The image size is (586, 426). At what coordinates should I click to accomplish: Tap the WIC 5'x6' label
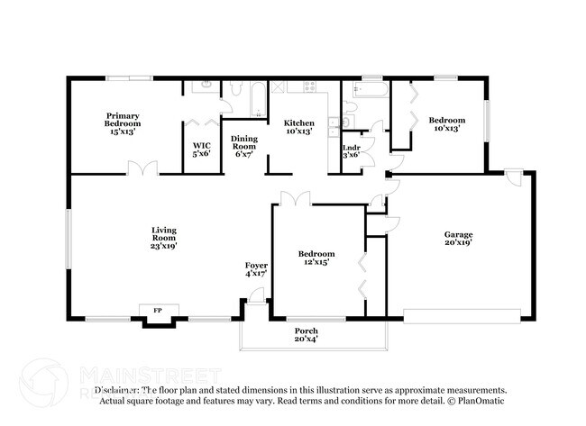(x=201, y=150)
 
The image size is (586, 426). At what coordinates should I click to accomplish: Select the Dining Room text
(x=244, y=146)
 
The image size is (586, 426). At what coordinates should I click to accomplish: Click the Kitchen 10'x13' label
(x=299, y=127)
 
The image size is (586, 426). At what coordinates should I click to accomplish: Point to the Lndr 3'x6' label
(x=352, y=150)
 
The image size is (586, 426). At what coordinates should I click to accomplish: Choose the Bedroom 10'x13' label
(x=446, y=125)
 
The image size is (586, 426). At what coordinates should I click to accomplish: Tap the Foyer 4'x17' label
(x=256, y=268)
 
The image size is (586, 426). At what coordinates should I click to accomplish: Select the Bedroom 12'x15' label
(x=316, y=258)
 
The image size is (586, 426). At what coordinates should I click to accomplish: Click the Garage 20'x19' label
(x=458, y=238)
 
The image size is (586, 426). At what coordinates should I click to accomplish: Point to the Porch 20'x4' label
(x=306, y=335)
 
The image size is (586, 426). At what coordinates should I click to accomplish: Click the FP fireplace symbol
(x=158, y=312)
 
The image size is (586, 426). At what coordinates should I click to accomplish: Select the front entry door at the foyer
(x=257, y=295)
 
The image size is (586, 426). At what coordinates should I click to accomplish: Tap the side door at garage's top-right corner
(x=514, y=177)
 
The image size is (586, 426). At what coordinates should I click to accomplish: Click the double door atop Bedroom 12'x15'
(x=295, y=198)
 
